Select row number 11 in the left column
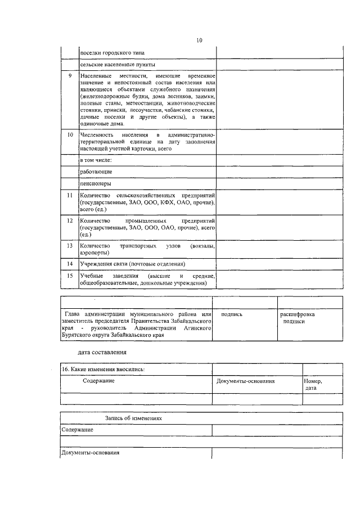69,195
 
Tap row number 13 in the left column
69,246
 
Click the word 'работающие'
96,171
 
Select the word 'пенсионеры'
96,183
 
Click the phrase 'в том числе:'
96,159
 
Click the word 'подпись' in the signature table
232,314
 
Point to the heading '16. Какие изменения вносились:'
102,369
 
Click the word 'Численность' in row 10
97,135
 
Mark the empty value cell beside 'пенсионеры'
278,183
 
